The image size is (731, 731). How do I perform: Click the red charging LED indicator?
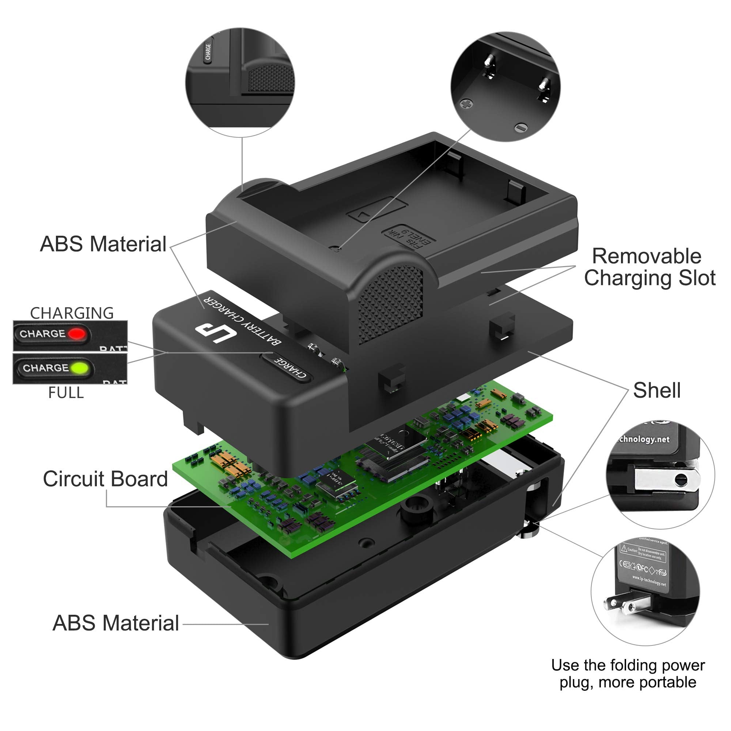pos(77,334)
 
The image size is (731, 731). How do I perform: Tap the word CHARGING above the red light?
pos(72,313)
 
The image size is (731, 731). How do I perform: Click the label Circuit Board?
pos(105,479)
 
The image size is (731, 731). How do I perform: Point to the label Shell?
pos(656,390)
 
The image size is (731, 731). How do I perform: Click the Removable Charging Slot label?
pos(648,267)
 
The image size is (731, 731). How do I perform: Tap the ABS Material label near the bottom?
pos(115,623)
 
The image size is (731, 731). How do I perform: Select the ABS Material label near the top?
pos(103,244)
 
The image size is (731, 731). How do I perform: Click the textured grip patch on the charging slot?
pos(390,303)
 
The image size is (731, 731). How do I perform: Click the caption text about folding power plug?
pos(628,674)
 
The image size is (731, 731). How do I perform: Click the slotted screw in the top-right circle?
pos(522,128)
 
